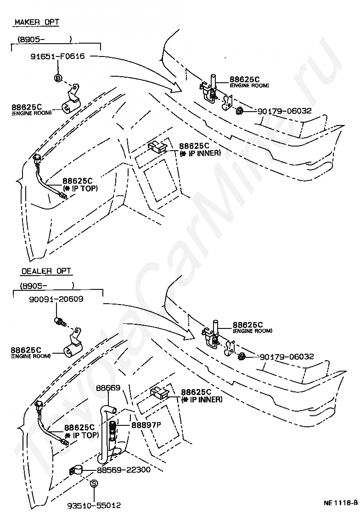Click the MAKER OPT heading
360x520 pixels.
(x=37, y=22)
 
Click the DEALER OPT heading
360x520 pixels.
(x=46, y=271)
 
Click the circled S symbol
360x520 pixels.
(x=94, y=483)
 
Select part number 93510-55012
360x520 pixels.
(x=94, y=505)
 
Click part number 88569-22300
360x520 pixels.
(x=124, y=470)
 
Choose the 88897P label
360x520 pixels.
(x=146, y=425)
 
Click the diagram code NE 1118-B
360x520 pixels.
(x=340, y=502)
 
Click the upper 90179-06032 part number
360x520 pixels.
(x=284, y=111)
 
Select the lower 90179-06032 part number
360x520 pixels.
(x=287, y=356)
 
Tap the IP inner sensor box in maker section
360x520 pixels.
(x=157, y=147)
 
